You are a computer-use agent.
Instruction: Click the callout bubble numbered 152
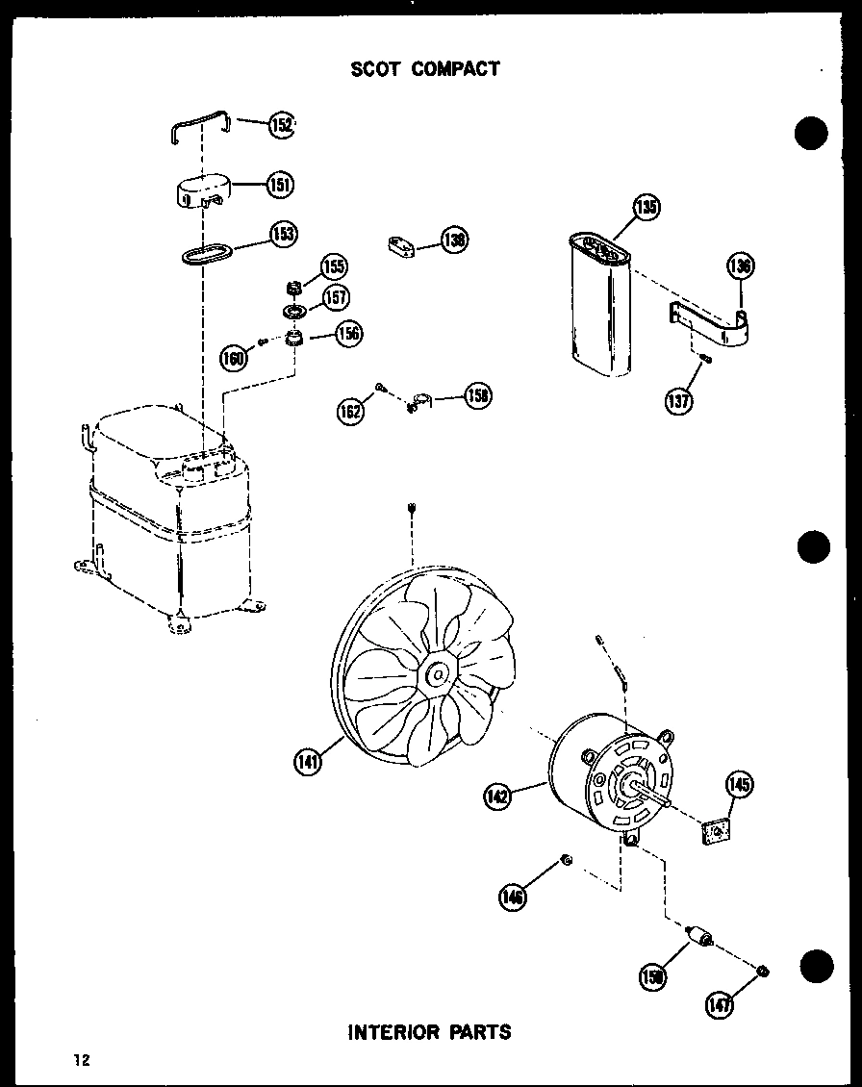[281, 124]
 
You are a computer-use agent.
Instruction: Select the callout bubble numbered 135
[646, 206]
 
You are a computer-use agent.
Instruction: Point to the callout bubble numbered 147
[719, 1004]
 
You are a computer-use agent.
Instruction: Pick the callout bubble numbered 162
[351, 412]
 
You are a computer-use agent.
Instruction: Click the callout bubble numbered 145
[739, 785]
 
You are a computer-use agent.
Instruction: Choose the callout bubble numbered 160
[234, 359]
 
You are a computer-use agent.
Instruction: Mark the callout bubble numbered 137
[678, 399]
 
